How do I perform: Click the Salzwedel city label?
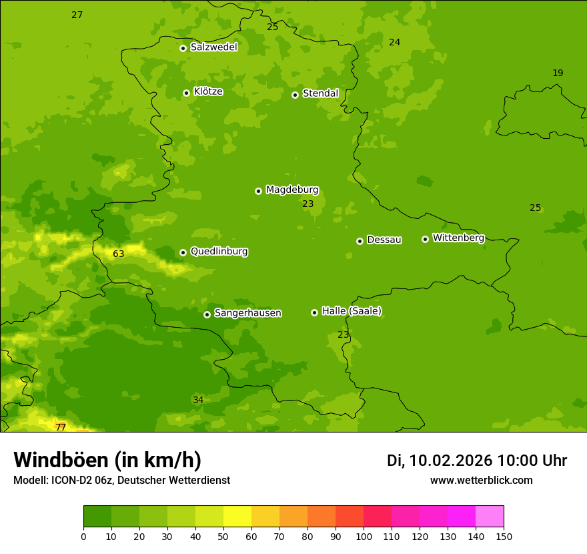pos(213,47)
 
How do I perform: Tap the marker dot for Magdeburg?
pos(258,191)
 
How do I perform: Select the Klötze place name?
pos(208,92)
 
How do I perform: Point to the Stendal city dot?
pos(295,95)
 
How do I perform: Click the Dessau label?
pos(384,240)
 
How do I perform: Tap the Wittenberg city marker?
pos(425,239)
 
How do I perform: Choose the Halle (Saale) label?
pos(352,311)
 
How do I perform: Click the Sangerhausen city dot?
pos(207,314)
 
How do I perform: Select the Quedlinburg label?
pos(219,252)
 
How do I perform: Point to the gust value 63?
pos(119,254)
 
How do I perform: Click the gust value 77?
pos(61,427)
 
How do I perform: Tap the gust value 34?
pos(198,400)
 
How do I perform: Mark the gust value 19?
pos(558,73)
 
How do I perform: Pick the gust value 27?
pos(77,15)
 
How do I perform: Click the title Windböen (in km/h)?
pos(107,460)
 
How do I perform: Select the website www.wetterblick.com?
pos(481,481)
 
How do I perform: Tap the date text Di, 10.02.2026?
pos(440,461)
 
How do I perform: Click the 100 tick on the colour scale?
pos(364,536)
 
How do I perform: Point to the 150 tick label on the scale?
pos(504,536)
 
